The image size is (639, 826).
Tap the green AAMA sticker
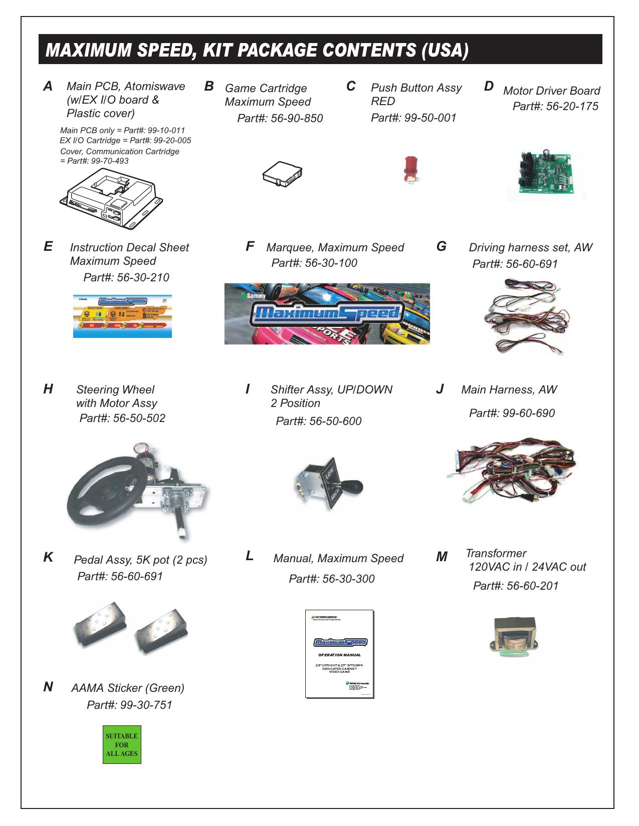point(122,744)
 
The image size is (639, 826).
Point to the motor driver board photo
point(546,170)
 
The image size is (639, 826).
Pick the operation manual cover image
point(339,653)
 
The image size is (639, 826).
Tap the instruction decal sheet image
point(122,315)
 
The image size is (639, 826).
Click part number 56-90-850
point(280,119)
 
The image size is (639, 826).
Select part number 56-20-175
point(555,107)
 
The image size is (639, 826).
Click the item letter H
point(48,389)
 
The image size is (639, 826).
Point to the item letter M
point(442,557)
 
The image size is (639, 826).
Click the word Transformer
point(496,553)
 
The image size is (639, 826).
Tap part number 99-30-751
point(129,705)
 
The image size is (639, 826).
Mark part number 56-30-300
point(331,579)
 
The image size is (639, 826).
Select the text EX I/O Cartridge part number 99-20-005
point(125,141)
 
